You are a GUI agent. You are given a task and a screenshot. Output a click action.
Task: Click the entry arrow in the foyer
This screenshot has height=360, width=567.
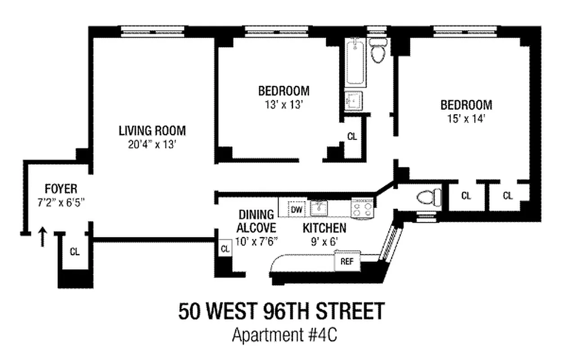[43, 237]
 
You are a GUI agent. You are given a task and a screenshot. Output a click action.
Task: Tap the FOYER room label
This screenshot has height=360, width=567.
[61, 188]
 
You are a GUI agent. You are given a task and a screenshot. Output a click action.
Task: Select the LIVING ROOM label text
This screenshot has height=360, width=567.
[152, 131]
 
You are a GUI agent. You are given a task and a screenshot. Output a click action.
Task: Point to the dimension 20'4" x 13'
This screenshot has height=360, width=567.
[152, 144]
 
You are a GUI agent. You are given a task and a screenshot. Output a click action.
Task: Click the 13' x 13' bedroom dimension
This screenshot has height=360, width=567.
[283, 104]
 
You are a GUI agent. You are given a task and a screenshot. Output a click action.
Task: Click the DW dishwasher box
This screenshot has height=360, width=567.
[296, 209]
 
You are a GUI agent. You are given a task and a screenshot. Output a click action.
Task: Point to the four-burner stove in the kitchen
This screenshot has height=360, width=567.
[362, 209]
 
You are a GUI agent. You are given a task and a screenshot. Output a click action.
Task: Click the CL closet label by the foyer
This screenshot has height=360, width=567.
[75, 252]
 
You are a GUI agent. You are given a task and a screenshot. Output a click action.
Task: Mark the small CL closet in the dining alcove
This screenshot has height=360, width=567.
[225, 249]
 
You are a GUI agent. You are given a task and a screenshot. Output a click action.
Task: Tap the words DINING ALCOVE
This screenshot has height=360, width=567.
[256, 221]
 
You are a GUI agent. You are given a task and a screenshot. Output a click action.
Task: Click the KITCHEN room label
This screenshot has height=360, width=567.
[324, 228]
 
